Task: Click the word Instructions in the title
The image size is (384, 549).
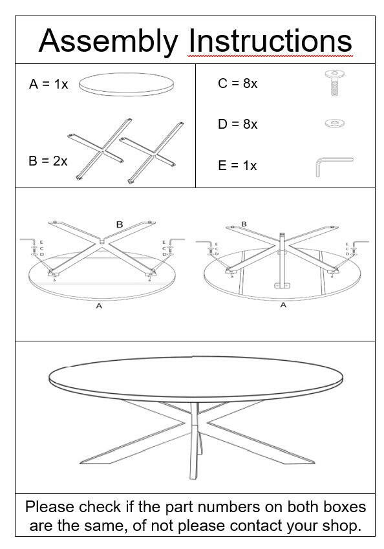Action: (270, 40)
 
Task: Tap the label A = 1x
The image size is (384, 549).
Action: (48, 84)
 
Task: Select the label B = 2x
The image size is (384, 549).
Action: (48, 161)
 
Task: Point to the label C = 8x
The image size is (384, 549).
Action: (237, 83)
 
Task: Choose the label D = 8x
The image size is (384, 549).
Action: (237, 124)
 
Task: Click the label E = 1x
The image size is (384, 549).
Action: (237, 166)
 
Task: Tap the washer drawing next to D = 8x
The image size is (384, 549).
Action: (334, 122)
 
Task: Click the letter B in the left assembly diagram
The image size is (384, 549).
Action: (120, 224)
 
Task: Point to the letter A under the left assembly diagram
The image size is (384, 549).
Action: (99, 306)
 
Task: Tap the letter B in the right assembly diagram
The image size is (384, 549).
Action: (244, 224)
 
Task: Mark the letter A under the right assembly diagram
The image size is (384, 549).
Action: (283, 305)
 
